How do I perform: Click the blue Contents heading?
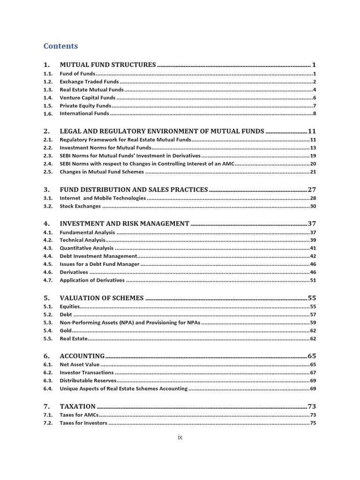click(x=60, y=46)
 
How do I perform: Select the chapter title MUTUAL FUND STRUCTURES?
click(x=107, y=65)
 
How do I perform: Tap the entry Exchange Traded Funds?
click(x=89, y=82)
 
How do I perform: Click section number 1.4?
click(x=48, y=97)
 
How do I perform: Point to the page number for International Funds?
click(x=315, y=113)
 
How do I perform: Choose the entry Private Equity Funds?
click(x=85, y=105)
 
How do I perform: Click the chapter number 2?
click(x=46, y=131)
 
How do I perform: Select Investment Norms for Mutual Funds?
click(x=105, y=148)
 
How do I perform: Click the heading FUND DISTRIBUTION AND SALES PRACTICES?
click(x=134, y=190)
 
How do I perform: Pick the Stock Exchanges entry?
click(x=80, y=206)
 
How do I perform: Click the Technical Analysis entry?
click(x=82, y=240)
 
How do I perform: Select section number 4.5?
click(x=48, y=264)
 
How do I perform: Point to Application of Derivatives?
click(x=92, y=280)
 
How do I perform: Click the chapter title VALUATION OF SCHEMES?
click(x=102, y=298)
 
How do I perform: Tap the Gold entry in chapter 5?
click(x=66, y=330)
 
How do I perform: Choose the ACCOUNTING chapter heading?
click(x=82, y=356)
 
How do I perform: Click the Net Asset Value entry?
click(x=79, y=364)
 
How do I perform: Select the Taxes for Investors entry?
click(x=83, y=423)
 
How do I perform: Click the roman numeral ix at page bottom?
click(x=180, y=437)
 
